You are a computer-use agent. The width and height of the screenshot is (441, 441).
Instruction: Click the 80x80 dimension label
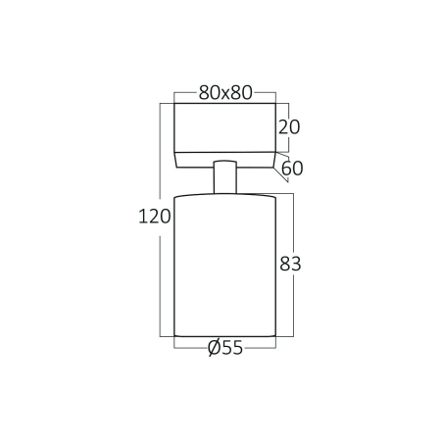tap(225, 93)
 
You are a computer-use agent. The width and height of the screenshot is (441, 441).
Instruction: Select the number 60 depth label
tap(292, 168)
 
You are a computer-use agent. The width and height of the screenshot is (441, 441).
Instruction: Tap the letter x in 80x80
tap(225, 94)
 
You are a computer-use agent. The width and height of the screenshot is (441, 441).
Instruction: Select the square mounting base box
tap(224, 127)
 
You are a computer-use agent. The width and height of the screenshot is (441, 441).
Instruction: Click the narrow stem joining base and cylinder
tap(224, 177)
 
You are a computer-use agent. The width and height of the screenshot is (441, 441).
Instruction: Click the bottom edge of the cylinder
tap(224, 334)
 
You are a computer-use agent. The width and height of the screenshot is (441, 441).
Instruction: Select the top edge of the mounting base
tap(224, 103)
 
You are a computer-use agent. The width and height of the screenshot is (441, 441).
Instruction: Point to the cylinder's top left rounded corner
tap(177, 199)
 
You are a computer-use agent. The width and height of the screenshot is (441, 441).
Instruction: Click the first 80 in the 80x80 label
tap(209, 93)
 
